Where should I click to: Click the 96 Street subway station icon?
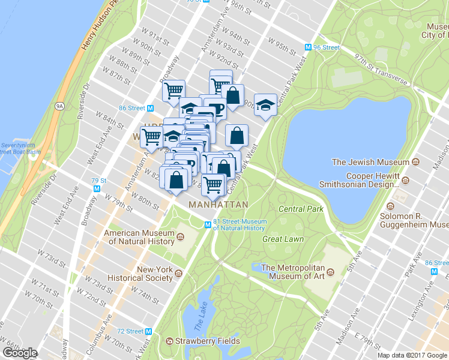click(308, 47)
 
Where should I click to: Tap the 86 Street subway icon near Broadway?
click(151, 108)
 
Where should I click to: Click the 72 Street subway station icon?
click(150, 331)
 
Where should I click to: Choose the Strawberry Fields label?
click(207, 341)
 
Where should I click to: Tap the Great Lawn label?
click(283, 239)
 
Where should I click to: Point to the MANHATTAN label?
click(218, 205)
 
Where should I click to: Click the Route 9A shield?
click(59, 106)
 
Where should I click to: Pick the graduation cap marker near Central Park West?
click(265, 105)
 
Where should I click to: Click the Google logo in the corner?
click(19, 353)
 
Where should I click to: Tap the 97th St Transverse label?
click(380, 71)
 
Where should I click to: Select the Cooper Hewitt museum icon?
click(405, 181)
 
